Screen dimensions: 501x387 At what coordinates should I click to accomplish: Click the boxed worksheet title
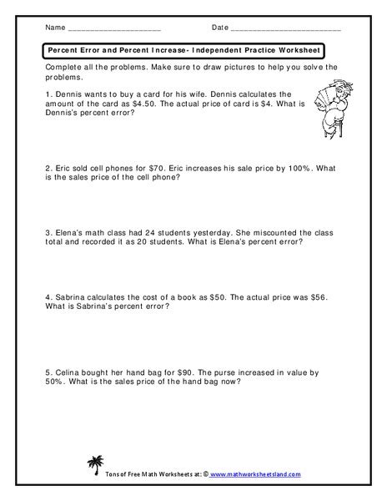coord(182,52)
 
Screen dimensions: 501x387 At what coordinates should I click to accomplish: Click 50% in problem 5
coord(51,382)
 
